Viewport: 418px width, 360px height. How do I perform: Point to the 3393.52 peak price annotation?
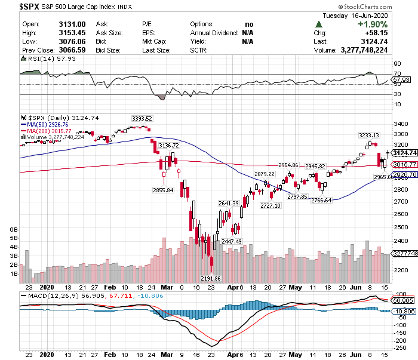142,118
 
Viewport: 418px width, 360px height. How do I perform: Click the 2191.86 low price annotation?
211,278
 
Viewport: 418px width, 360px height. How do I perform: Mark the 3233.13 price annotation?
368,136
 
